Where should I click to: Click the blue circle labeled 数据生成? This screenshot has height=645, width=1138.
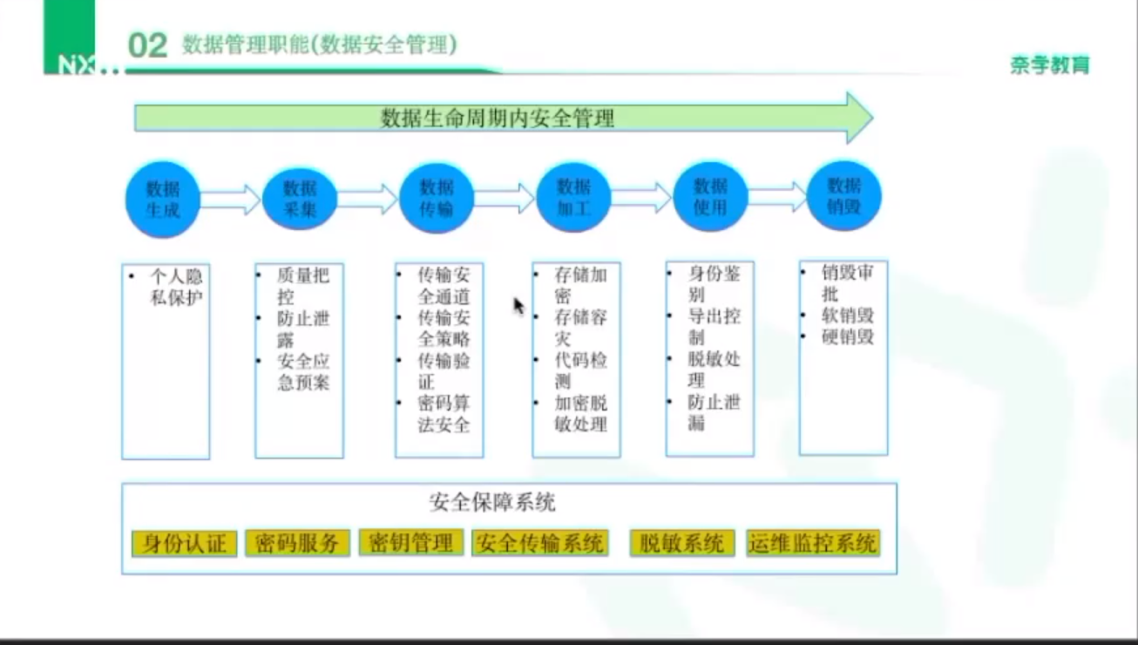point(163,199)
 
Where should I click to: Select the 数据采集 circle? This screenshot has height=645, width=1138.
point(300,199)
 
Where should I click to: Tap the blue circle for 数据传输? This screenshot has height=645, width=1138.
point(437,198)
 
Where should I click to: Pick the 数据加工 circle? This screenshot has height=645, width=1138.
point(573,198)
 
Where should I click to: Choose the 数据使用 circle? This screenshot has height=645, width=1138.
point(710,197)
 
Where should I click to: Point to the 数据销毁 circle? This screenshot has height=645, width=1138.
point(844,196)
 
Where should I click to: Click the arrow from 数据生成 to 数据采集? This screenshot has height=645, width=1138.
point(231,200)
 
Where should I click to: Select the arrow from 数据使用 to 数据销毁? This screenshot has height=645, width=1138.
point(778,196)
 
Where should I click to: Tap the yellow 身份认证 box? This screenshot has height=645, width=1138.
point(185,544)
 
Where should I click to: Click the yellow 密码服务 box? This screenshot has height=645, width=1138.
point(298,543)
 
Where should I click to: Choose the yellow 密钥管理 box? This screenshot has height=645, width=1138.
point(410,542)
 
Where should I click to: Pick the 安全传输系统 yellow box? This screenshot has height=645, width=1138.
point(539,543)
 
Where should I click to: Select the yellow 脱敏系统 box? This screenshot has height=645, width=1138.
point(681,543)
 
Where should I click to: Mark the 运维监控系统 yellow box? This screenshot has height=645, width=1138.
point(812,543)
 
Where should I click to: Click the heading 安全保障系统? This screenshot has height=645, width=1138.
point(492,503)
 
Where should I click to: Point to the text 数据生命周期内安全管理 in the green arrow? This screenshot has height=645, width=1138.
point(498,118)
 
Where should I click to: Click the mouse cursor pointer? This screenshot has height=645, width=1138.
point(518,305)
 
